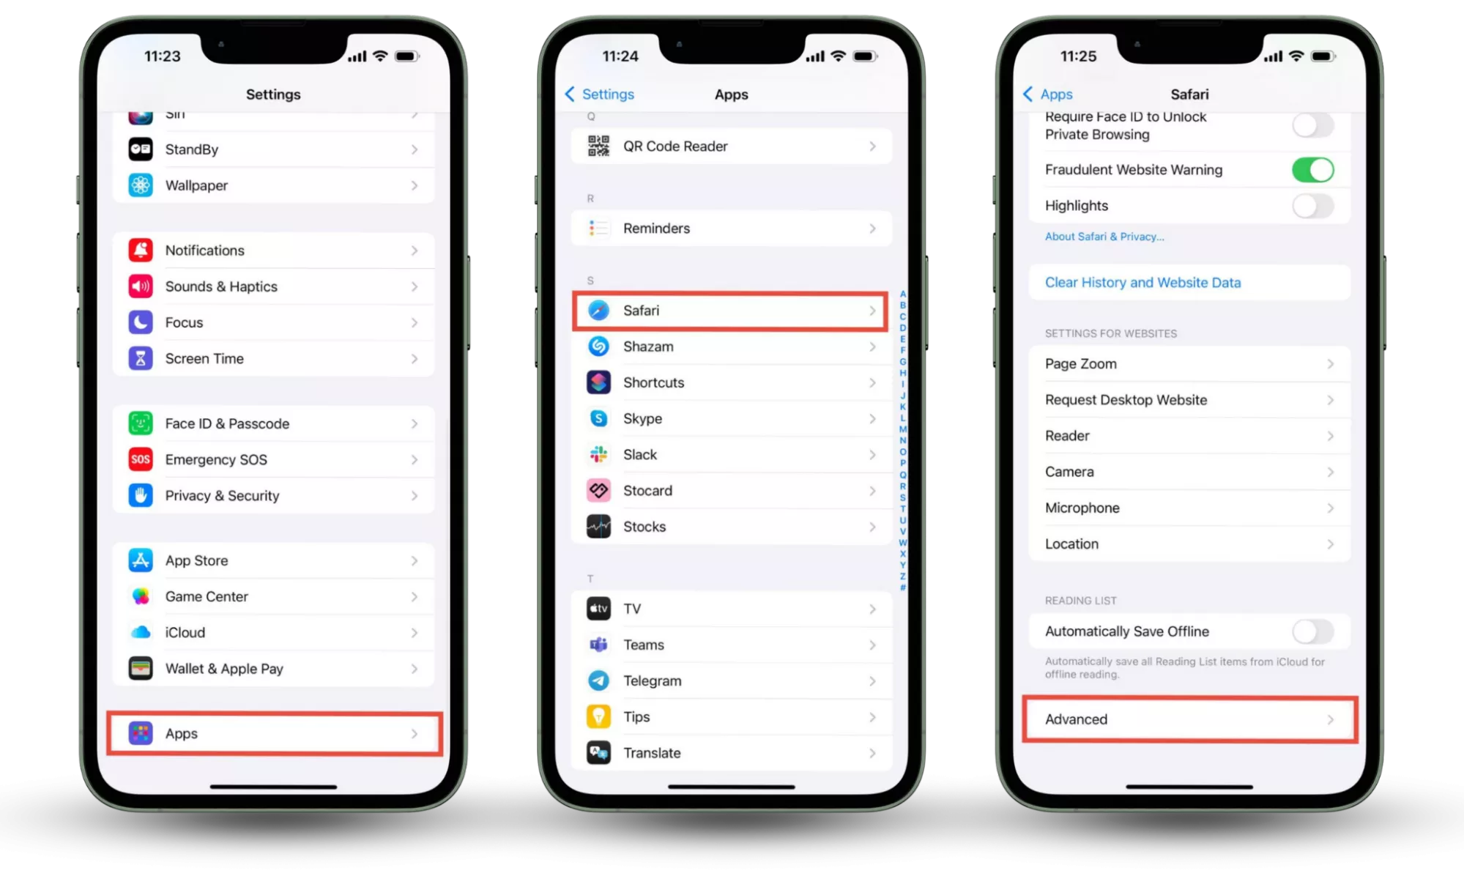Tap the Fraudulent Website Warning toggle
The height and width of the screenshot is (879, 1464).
coord(1312,170)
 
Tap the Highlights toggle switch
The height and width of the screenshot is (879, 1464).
coord(1312,206)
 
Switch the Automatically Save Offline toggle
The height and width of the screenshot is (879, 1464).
coord(1312,631)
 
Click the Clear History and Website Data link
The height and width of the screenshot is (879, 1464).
coord(1142,283)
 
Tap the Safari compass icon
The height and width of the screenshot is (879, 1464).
coord(598,311)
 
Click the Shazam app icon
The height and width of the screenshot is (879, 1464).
coord(598,346)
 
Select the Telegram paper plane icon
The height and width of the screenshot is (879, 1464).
coord(598,680)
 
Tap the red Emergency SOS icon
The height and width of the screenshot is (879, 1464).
coord(141,459)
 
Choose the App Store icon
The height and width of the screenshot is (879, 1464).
coord(141,560)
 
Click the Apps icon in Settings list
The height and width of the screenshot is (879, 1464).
coord(141,733)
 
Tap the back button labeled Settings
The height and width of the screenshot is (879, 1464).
coord(600,94)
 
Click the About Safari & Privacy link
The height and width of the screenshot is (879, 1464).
coord(1104,237)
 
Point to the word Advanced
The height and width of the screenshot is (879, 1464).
coord(1076,719)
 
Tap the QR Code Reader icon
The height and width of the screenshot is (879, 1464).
coord(598,146)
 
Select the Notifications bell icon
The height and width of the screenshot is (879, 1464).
coord(141,251)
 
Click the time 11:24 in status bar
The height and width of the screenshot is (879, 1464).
coord(620,56)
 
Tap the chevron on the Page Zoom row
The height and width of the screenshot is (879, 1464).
coord(1330,364)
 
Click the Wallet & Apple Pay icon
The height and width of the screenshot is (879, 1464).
coord(141,669)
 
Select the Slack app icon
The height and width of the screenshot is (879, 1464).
coord(598,455)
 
